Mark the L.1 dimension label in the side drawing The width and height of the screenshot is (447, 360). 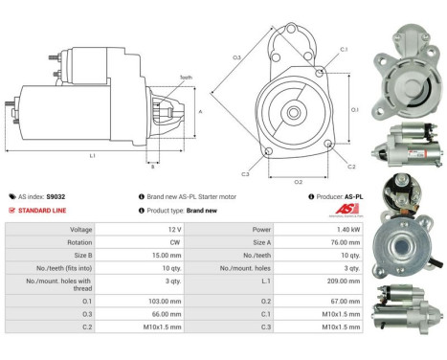(92, 154)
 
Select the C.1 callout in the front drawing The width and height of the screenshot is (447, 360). (343, 49)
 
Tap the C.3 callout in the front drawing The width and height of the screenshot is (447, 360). (245, 174)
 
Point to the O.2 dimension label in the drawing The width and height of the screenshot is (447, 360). (298, 181)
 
